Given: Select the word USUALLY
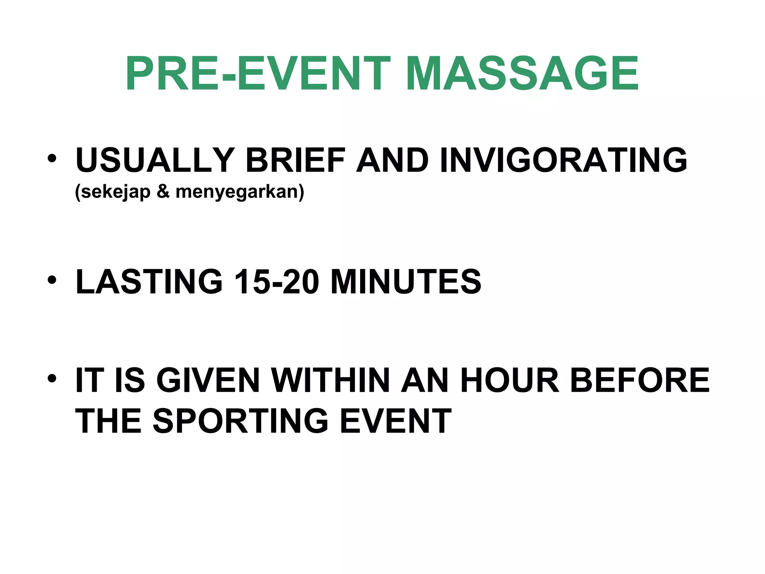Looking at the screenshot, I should (155, 160).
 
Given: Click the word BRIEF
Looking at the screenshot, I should (295, 160).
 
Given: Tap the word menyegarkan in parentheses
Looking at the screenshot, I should (239, 192).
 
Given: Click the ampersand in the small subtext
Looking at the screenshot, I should (163, 192).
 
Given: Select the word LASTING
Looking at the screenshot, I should (149, 282).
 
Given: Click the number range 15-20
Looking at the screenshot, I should (276, 282).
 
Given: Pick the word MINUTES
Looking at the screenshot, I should (406, 282).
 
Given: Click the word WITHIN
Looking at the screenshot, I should (330, 380).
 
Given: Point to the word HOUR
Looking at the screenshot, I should (510, 380).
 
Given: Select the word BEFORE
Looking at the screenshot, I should (639, 380).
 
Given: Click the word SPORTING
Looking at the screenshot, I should (241, 421).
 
